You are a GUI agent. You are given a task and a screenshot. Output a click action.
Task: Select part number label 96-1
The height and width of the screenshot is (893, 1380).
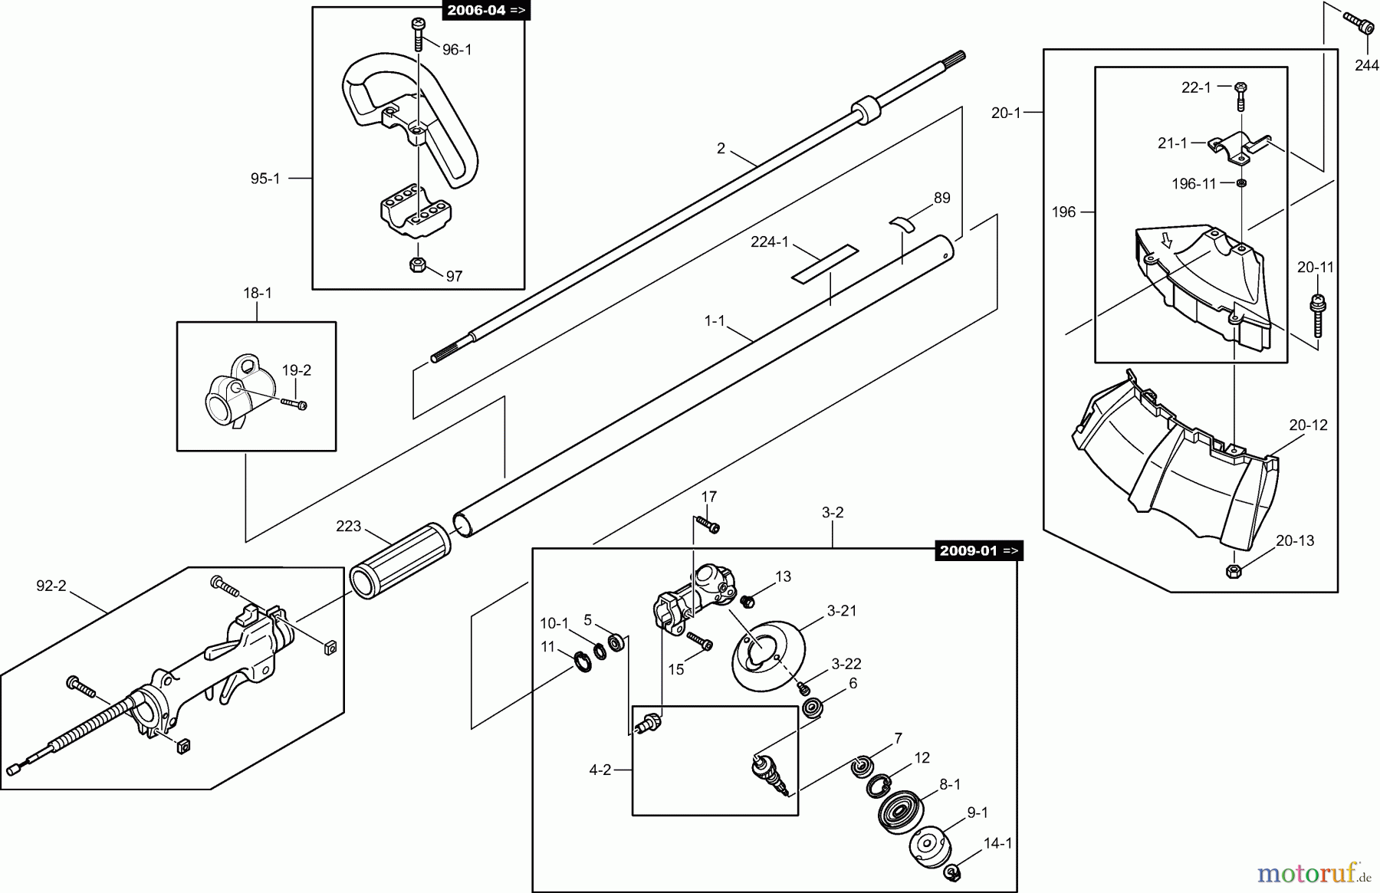457,50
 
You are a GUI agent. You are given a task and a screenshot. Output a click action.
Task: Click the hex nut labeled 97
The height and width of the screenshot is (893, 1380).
418,265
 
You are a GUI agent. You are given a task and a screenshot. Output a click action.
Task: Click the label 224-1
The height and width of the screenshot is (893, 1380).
769,242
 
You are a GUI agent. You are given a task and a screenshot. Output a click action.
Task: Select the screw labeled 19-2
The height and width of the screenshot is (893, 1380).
294,403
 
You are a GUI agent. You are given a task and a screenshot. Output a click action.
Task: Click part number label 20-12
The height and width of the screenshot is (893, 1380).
1308,425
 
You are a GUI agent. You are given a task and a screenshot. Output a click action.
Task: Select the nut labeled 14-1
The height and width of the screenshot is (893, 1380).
951,871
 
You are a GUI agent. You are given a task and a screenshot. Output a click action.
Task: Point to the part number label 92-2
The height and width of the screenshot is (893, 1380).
51,586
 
